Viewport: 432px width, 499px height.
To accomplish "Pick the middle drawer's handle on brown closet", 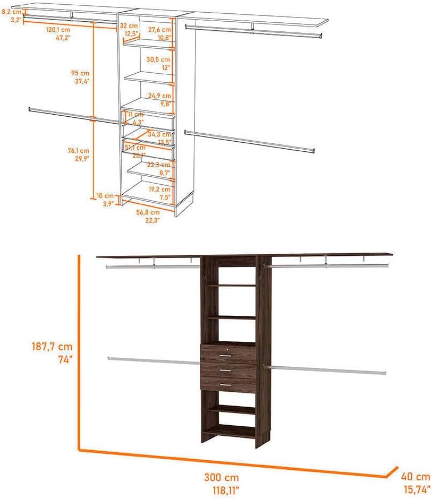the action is click(x=226, y=370).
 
